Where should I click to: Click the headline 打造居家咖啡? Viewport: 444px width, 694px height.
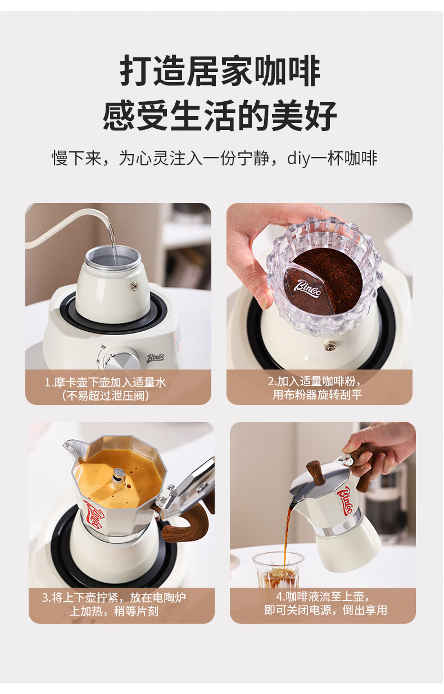click(220, 71)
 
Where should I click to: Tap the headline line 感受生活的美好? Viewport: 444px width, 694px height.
click(220, 115)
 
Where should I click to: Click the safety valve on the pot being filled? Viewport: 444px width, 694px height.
click(134, 286)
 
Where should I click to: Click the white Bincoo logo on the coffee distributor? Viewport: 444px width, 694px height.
click(307, 289)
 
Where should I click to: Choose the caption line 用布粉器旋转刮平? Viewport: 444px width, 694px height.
click(317, 394)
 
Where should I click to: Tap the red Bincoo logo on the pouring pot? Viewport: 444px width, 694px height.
click(345, 501)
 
